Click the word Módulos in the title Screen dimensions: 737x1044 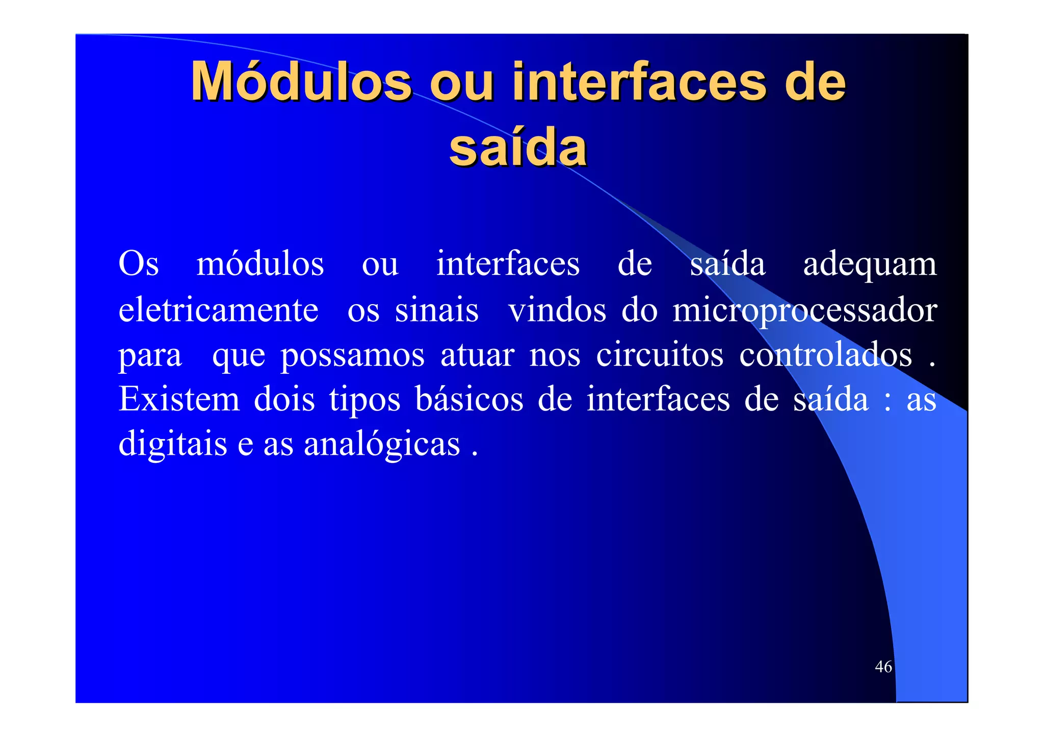pyautogui.click(x=301, y=81)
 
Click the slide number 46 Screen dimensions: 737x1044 pyautogui.click(x=883, y=666)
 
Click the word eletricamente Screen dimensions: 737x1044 pyautogui.click(x=218, y=310)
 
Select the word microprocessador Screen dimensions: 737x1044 pyautogui.click(x=804, y=310)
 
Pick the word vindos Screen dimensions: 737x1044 pyautogui.click(x=557, y=310)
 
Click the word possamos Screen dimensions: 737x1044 pyautogui.click(x=353, y=354)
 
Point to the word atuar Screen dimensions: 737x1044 pyautogui.click(x=477, y=354)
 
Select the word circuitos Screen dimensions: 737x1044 pyautogui.click(x=660, y=354)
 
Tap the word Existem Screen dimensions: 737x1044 pyautogui.click(x=179, y=399)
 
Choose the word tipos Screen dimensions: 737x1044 pyautogui.click(x=365, y=399)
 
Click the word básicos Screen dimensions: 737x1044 pyautogui.click(x=469, y=399)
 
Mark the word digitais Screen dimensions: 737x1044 pyautogui.click(x=173, y=443)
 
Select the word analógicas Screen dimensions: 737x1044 pyautogui.click(x=382, y=444)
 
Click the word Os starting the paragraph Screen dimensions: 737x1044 pyautogui.click(x=138, y=264)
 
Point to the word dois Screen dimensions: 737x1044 pyautogui.click(x=284, y=399)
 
